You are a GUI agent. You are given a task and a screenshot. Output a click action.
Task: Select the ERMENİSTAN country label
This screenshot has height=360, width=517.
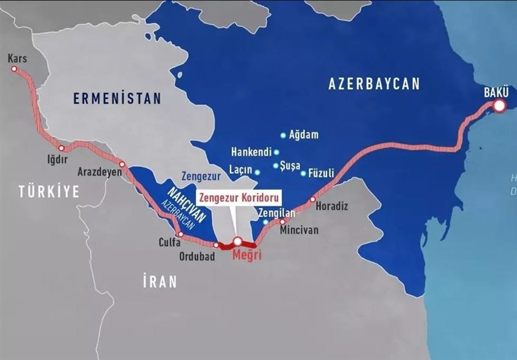(x=116, y=98)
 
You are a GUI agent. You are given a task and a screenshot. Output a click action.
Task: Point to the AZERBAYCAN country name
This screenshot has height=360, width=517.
(x=374, y=83)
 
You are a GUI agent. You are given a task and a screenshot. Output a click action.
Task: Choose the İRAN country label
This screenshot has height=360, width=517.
(x=160, y=282)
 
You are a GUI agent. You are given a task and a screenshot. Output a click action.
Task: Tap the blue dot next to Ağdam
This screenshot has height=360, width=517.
(x=283, y=136)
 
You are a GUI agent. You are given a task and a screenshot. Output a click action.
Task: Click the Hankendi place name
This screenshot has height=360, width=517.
(x=251, y=153)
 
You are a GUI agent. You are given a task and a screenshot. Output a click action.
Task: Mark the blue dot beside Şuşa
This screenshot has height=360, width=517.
(x=276, y=166)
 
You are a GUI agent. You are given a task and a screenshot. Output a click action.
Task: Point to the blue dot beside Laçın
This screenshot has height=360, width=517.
(x=258, y=173)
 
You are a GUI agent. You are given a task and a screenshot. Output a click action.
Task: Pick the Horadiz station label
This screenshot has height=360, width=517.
(x=332, y=207)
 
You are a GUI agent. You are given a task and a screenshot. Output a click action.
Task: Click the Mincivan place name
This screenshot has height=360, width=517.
(x=299, y=229)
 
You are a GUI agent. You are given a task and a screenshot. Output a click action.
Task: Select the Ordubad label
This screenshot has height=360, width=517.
(x=197, y=255)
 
